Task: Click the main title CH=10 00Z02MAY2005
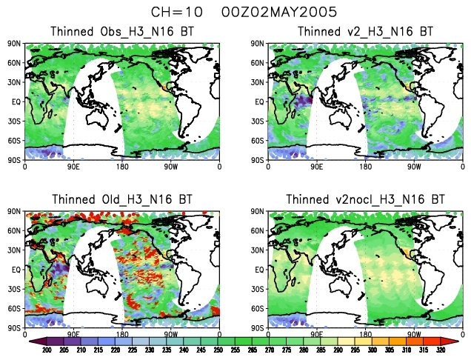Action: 235,13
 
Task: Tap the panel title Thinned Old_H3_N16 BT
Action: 122,199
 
